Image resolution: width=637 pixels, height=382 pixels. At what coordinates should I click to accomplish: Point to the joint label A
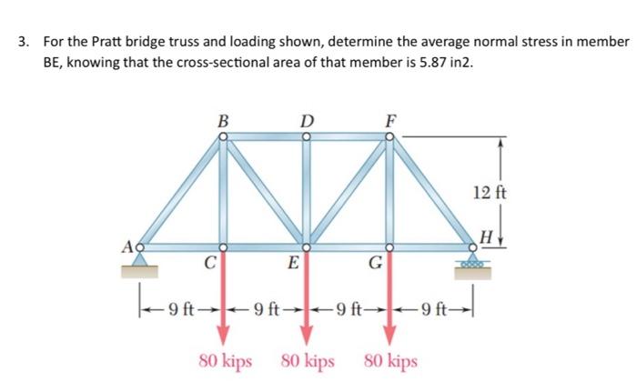[x=129, y=244]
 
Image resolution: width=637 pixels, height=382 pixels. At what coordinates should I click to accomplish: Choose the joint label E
[x=291, y=265]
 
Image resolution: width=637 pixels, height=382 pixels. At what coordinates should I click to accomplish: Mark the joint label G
[x=375, y=265]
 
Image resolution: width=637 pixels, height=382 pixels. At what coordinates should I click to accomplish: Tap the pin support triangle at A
[x=139, y=259]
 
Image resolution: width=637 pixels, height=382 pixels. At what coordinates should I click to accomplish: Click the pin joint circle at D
[x=307, y=136]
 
